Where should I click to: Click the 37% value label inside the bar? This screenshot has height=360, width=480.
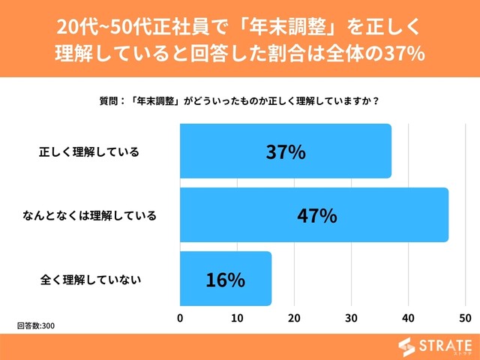pos(286,151)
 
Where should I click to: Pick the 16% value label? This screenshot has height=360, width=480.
pos(226,280)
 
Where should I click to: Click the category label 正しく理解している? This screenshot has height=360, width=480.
pos(89,152)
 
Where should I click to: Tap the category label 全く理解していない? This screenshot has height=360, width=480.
pos(91,280)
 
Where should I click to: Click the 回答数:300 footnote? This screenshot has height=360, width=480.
pos(36,326)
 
